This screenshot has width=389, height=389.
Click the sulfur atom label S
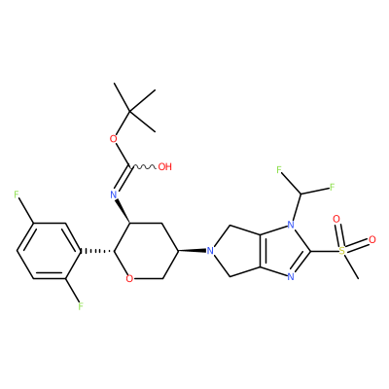pyautogui.click(x=341, y=251)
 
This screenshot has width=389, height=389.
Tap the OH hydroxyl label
pyautogui.click(x=164, y=167)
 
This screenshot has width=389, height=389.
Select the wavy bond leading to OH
pyautogui.click(x=143, y=167)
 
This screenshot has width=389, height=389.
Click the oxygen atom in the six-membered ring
pyautogui.click(x=129, y=278)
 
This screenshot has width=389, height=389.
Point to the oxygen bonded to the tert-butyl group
pyautogui.click(x=113, y=139)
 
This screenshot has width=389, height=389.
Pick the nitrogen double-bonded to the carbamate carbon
pyautogui.click(x=113, y=194)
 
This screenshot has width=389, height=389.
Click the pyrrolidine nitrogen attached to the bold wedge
pyautogui.click(x=210, y=251)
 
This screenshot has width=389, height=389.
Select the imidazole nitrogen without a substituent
pyautogui.click(x=291, y=277)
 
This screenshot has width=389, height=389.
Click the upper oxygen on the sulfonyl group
pyautogui.click(x=336, y=220)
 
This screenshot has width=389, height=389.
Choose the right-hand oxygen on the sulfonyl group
pyautogui.click(x=372, y=240)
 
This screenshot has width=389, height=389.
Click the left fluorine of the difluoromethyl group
pyautogui.click(x=279, y=169)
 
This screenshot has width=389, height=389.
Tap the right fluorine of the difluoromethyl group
pyautogui.click(x=332, y=187)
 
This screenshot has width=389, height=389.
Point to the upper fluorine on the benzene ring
pyautogui.click(x=17, y=194)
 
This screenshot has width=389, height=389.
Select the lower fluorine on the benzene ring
pyautogui.click(x=81, y=306)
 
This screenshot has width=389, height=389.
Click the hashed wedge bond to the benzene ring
pyautogui.click(x=97, y=251)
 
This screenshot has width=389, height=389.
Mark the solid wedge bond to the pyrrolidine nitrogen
pyautogui.click(x=192, y=251)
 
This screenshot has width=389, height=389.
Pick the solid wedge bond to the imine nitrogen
pyautogui.click(x=123, y=211)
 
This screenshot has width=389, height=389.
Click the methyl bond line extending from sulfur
pyautogui.click(x=351, y=265)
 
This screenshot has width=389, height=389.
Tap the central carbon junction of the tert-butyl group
pyautogui.click(x=129, y=111)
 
